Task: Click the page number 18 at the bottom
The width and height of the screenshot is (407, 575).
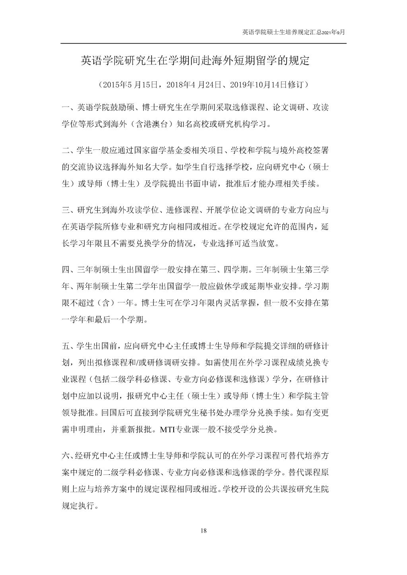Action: [204, 530]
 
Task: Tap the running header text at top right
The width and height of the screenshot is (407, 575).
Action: [294, 32]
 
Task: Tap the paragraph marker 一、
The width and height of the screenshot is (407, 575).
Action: [68, 107]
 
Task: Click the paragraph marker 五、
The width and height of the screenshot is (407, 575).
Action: [68, 345]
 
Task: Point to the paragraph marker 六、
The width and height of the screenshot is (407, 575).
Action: [68, 456]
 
